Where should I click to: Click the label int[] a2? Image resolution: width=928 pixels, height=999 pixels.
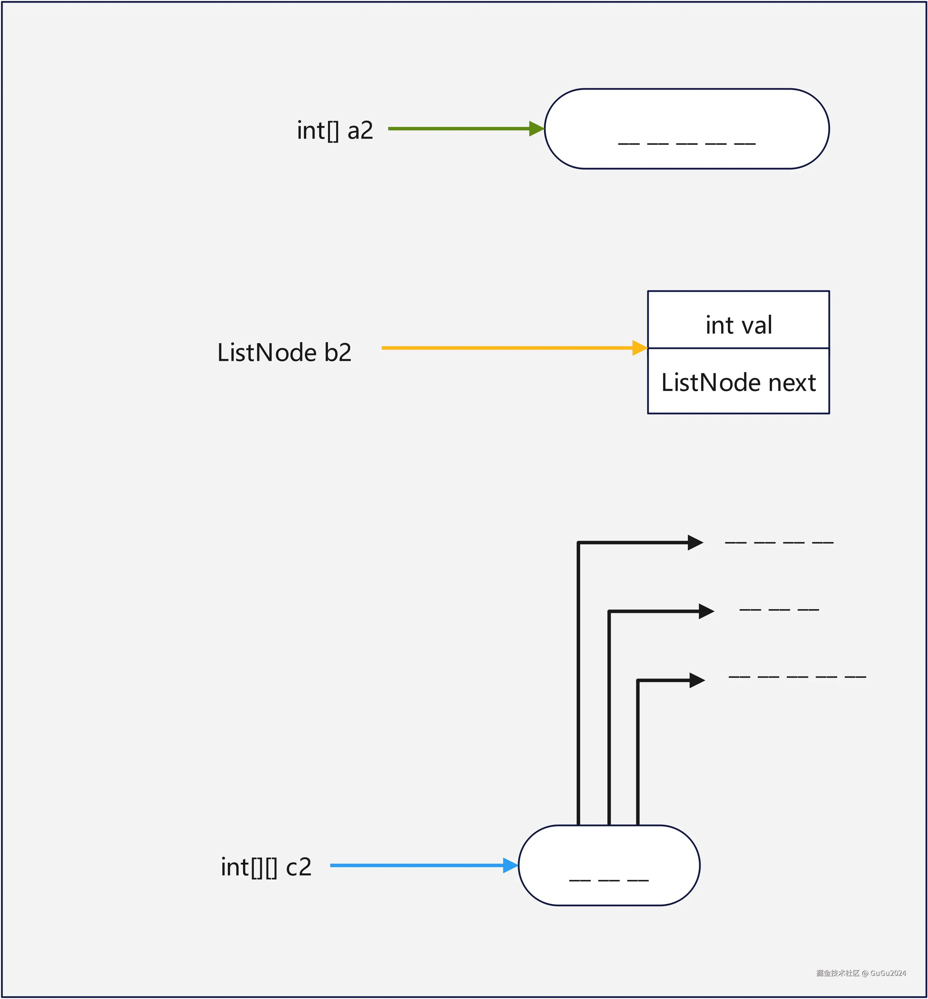[x=335, y=131]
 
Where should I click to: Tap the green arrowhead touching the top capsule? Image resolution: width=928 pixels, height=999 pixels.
[x=536, y=129]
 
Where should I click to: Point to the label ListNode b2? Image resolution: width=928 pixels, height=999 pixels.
[x=284, y=353]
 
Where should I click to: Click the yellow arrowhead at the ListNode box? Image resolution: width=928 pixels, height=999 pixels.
[x=639, y=348]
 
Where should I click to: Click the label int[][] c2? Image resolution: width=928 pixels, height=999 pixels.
[x=266, y=867]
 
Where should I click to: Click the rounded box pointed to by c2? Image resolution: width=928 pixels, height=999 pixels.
[x=609, y=865]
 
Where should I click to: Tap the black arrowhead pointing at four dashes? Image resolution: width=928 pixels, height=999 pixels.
[x=695, y=542]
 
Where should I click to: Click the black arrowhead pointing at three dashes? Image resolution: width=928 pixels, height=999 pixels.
[x=706, y=611]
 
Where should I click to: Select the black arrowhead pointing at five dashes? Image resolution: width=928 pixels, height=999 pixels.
[x=697, y=681]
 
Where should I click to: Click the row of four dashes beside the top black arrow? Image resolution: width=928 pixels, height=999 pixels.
[x=779, y=542]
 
